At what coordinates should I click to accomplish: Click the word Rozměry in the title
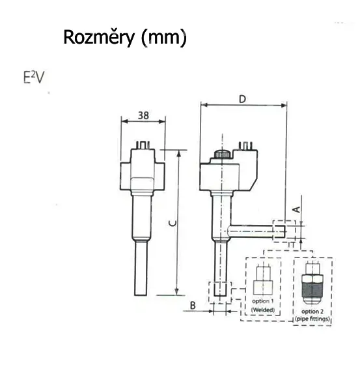(99, 37)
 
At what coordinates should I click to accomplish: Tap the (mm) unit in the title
(164, 38)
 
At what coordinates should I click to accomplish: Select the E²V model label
(33, 77)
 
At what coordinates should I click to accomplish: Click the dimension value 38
(143, 115)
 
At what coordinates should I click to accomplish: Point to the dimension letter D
(242, 99)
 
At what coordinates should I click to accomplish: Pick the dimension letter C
(173, 223)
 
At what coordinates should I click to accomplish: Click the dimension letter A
(297, 209)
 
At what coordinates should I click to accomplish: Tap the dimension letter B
(193, 305)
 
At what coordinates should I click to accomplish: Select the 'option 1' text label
(263, 301)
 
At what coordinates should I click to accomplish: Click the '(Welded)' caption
(263, 310)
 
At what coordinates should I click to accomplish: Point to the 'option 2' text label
(312, 312)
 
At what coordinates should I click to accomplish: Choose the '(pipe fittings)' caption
(312, 319)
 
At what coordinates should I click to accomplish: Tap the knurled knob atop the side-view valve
(222, 154)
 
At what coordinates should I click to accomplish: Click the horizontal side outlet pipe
(251, 231)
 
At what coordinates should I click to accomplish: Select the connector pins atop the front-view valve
(143, 145)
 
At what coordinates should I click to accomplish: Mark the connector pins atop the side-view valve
(246, 145)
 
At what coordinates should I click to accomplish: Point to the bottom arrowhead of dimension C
(176, 292)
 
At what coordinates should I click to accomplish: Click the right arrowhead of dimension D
(284, 105)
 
